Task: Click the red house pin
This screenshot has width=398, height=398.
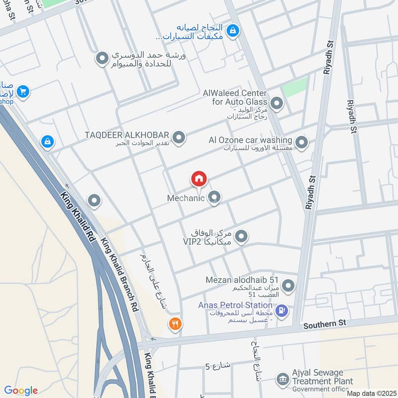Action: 199,179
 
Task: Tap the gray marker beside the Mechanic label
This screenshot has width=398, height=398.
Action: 214,198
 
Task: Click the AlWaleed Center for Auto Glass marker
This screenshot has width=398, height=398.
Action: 277,103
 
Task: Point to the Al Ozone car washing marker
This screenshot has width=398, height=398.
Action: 301,143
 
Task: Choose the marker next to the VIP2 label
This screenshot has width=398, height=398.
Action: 241,237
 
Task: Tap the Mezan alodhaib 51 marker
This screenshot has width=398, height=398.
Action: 288,286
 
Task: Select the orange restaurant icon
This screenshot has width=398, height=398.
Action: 175,324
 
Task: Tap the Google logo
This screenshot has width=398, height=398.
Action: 21,391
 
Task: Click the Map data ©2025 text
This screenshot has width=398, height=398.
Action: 371,393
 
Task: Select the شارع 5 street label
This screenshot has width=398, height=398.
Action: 218,366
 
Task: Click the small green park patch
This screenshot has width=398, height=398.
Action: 295,88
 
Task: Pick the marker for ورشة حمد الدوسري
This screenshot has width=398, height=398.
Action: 102,59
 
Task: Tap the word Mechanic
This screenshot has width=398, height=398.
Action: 186,198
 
